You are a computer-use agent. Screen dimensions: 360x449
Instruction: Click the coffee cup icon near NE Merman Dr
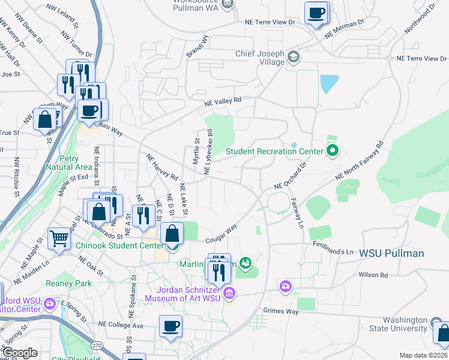316,13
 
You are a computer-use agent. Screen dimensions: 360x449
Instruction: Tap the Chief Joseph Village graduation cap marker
293,57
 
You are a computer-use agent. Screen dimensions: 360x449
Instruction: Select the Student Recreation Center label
274,151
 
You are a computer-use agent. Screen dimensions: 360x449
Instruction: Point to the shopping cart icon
59,239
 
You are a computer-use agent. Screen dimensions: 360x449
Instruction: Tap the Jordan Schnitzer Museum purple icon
229,293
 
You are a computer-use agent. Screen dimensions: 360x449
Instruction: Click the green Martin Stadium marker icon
244,262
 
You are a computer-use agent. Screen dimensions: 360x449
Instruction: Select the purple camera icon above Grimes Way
285,287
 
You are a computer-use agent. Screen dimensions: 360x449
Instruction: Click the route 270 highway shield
97,346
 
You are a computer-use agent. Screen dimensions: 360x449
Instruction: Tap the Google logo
20,353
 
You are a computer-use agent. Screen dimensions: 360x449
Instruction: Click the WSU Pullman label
391,253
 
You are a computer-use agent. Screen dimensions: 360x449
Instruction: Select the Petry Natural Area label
68,163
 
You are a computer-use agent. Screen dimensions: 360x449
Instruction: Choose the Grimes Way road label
280,311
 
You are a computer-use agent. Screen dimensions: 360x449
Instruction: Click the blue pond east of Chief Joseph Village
329,83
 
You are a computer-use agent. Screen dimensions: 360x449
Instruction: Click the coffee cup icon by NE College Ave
171,326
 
